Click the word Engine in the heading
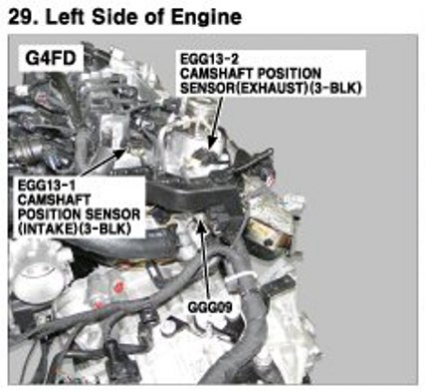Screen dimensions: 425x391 (206, 18)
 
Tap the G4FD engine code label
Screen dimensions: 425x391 (51, 59)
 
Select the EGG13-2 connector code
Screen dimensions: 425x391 (209, 59)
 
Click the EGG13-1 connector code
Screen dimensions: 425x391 (46, 185)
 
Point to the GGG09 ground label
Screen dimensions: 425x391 (210, 307)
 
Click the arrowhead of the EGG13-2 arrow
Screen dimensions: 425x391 (211, 144)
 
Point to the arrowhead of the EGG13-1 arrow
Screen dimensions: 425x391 (120, 153)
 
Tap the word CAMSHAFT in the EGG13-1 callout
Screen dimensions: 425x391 (54, 199)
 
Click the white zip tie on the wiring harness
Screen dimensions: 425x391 (242, 276)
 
